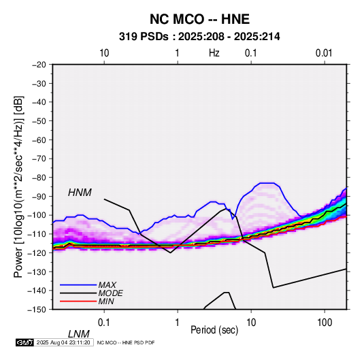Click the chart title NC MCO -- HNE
pos(199,19)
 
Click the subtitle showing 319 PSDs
pos(199,37)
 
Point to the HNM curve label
pos(80,193)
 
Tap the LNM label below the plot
pos(78,334)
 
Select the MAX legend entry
pos(107,285)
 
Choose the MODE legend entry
pos(110,293)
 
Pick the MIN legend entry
pos(106,301)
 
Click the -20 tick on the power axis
pos(39,65)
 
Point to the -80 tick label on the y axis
pos(39,178)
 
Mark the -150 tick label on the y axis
pos(37,310)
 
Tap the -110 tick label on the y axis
pos(37,234)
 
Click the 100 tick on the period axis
pos(325,323)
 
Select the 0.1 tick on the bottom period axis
pos(104,323)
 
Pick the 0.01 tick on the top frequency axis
pos(324,53)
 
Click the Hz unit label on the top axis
pos(214,53)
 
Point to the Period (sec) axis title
pos(214,330)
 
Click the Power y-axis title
pos(18,187)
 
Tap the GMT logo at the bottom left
pos(25,342)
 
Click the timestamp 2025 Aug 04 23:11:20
pos(63,342)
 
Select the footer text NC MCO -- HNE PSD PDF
pos(126,343)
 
